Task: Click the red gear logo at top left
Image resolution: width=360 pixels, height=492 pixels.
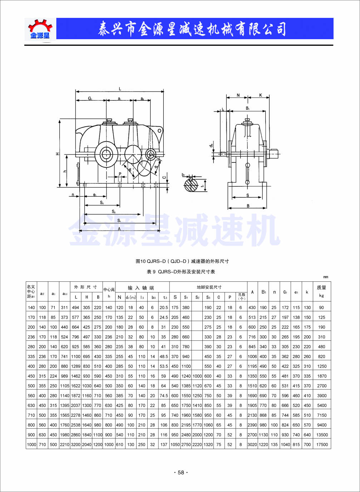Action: (x=40, y=29)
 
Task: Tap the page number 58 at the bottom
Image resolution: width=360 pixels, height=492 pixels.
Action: (x=181, y=472)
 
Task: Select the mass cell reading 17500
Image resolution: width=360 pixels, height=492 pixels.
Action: (x=322, y=444)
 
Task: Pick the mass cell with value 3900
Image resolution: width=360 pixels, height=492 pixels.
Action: (x=322, y=395)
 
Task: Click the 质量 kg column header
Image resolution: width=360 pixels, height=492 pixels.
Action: (x=321, y=291)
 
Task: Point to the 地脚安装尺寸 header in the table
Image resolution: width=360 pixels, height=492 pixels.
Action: (x=209, y=287)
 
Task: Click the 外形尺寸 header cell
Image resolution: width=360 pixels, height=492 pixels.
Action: (x=85, y=287)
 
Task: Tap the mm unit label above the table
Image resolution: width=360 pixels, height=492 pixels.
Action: (x=326, y=277)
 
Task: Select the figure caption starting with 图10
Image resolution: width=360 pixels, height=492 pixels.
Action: (x=182, y=261)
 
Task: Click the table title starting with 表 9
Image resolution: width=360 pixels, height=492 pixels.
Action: (x=181, y=271)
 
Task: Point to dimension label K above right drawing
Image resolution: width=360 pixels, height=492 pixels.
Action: (x=261, y=95)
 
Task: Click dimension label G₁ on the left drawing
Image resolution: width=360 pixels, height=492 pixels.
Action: (x=90, y=98)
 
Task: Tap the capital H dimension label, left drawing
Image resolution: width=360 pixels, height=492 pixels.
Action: (x=57, y=153)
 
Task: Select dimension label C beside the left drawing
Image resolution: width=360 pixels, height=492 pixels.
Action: (x=164, y=177)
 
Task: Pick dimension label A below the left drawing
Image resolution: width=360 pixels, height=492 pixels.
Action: (x=119, y=228)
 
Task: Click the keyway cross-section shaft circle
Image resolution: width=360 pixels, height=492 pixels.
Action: (x=191, y=184)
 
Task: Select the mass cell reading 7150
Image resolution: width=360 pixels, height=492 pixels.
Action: (x=322, y=415)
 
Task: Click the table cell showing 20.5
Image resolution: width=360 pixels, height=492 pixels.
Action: (x=164, y=307)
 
